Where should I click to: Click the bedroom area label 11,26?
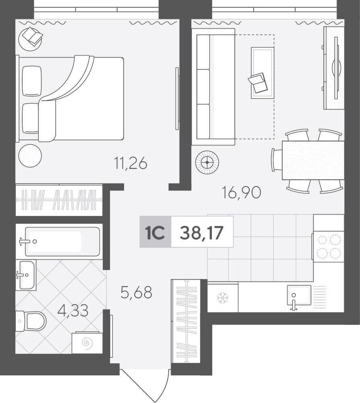tap(131, 163)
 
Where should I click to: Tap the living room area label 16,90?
tap(242, 193)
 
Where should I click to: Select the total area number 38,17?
tap(202, 233)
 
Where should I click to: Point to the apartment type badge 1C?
tap(155, 232)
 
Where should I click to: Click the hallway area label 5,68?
tap(137, 292)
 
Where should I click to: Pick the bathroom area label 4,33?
tap(73, 310)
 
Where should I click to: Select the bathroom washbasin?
tap(26, 275)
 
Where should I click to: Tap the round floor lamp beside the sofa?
tap(207, 162)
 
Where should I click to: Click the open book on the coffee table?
tap(257, 83)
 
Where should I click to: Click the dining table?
tap(313, 160)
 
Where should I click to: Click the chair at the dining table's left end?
tap(277, 160)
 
